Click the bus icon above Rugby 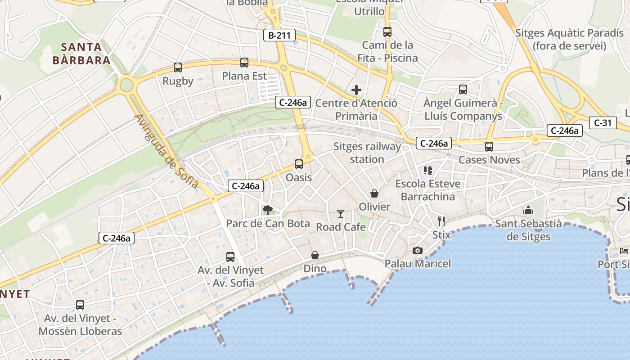tap(178, 67)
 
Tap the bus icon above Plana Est tap(244, 63)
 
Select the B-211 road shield tap(279, 35)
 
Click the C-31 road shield tap(603, 122)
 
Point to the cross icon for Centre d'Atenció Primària tap(356, 90)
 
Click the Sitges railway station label tap(367, 153)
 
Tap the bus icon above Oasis tap(299, 164)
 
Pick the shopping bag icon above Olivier tap(374, 193)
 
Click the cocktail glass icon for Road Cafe tap(341, 213)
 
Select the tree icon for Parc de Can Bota tap(268, 209)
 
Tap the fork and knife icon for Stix tap(441, 221)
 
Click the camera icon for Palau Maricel tap(418, 250)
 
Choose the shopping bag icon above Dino tap(315, 255)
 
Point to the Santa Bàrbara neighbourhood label tap(81, 54)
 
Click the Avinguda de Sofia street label tap(166, 151)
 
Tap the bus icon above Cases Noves tap(489, 146)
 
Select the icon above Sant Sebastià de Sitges tap(528, 210)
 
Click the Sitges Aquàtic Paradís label tap(569, 39)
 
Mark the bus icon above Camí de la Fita tap(387, 32)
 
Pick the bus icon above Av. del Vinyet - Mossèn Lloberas tap(80, 305)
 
